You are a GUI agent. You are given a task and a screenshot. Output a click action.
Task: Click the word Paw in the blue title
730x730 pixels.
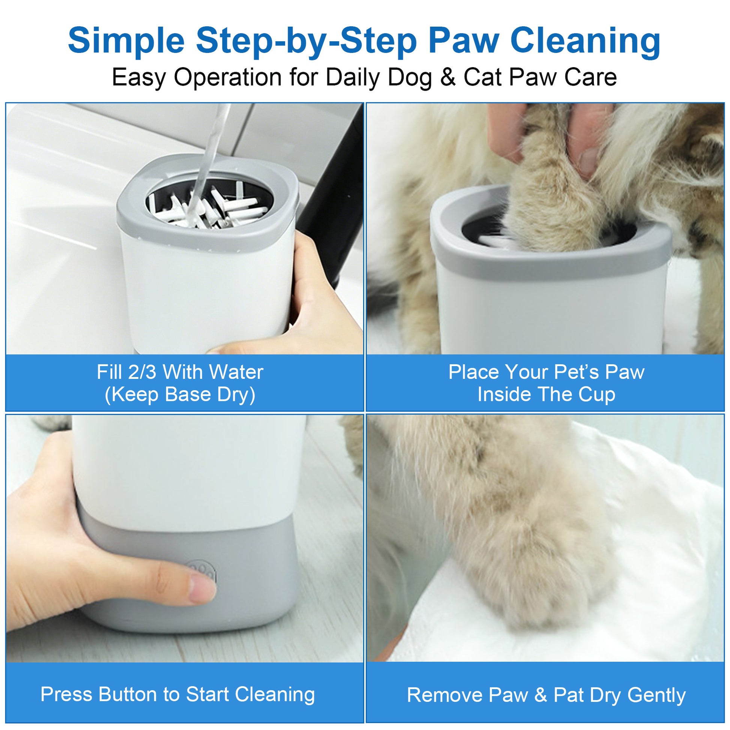(x=464, y=41)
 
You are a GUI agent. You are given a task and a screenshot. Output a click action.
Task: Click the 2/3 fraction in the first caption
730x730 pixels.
(x=142, y=372)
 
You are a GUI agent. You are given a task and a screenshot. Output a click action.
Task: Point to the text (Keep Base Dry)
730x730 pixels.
(x=180, y=395)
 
